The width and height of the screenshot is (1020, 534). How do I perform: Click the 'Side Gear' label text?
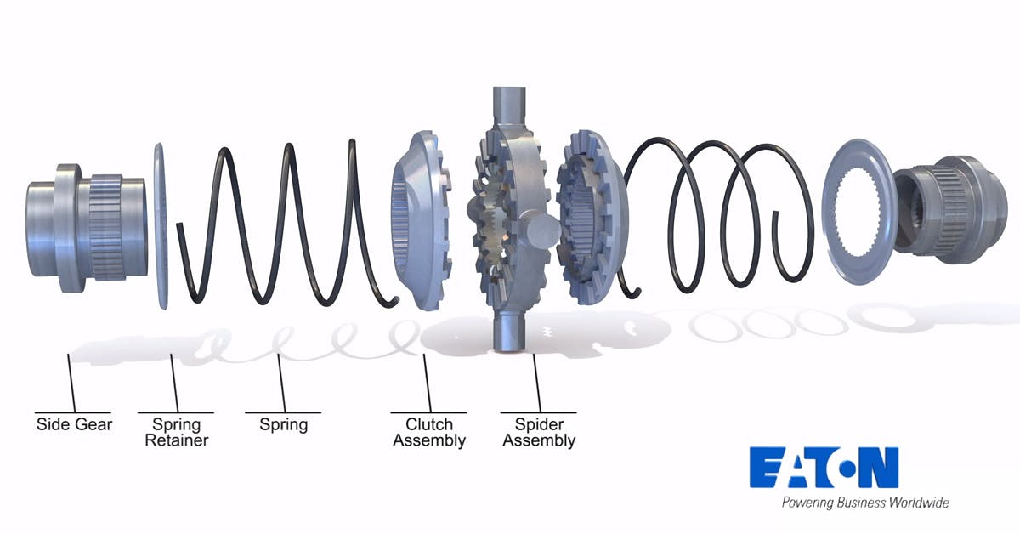click(74, 423)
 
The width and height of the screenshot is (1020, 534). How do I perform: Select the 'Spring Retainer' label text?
click(176, 432)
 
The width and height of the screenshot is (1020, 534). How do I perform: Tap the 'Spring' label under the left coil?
click(283, 423)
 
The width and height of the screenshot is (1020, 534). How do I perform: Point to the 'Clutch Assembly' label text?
click(429, 432)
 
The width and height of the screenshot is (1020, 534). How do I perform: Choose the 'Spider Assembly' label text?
click(539, 432)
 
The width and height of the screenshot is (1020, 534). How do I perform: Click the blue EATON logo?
click(824, 467)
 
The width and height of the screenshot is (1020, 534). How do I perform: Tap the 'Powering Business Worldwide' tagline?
click(864, 503)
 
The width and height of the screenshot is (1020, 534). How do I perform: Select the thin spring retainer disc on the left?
click(160, 225)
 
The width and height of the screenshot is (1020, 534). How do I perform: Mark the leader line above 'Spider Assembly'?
click(536, 383)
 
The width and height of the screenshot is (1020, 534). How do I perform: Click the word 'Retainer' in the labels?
click(176, 440)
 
